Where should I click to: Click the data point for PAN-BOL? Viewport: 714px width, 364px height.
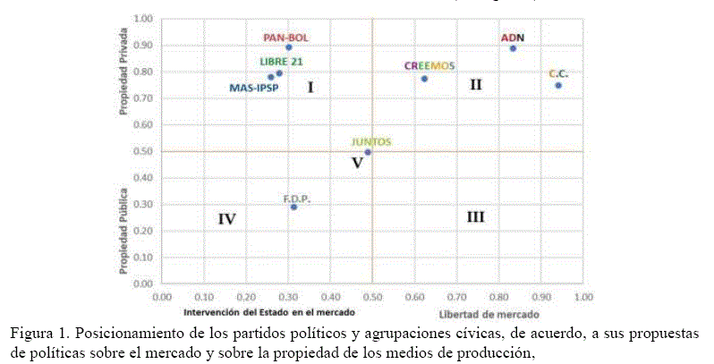[289, 47]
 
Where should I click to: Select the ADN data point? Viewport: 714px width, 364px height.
[513, 48]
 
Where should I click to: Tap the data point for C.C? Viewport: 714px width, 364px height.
[558, 85]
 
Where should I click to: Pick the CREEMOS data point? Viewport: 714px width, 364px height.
[424, 79]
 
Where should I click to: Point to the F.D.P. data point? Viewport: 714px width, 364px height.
[293, 207]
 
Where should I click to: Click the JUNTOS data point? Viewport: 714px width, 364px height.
[368, 152]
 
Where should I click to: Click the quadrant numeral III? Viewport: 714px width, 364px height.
[476, 217]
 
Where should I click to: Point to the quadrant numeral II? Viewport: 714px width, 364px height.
[476, 85]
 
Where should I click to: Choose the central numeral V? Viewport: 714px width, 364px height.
[357, 163]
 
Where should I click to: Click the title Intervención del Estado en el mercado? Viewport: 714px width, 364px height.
[269, 312]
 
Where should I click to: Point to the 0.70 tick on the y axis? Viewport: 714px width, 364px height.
[142, 98]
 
